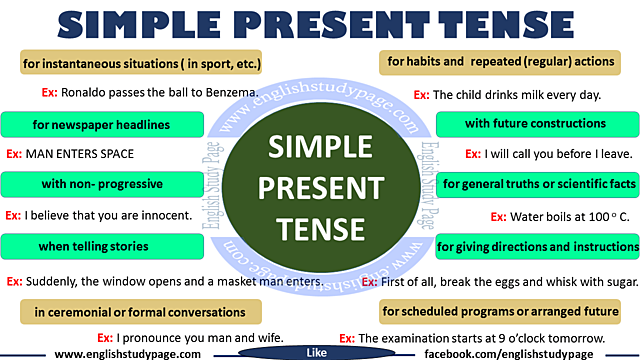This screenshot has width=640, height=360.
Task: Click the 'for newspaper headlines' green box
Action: click(99, 125)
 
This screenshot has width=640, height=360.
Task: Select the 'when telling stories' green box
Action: click(99, 246)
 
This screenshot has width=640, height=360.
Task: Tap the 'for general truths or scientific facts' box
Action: click(538, 185)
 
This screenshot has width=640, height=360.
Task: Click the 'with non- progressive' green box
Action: click(99, 185)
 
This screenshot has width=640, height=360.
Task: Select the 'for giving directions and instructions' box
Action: click(538, 246)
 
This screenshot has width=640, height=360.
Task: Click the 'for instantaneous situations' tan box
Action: click(141, 64)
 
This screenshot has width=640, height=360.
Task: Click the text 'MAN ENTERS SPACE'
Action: click(79, 155)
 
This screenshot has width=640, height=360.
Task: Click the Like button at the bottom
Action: click(316, 353)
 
